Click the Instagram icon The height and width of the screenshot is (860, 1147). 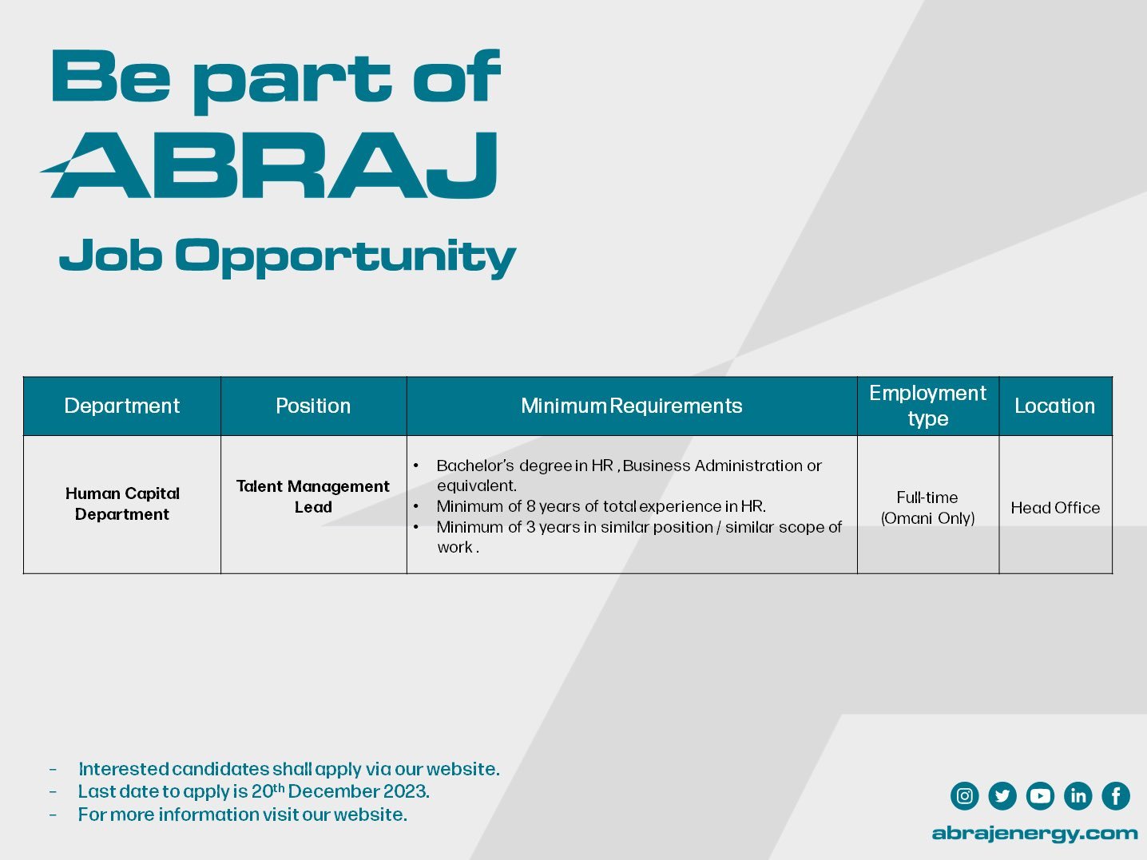click(964, 796)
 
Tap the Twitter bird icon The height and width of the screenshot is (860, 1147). click(1002, 796)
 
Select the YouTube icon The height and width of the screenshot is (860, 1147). click(1040, 796)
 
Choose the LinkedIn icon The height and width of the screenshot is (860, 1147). click(1078, 796)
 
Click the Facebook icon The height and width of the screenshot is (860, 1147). click(1116, 796)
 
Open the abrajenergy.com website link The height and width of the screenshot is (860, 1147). click(1034, 834)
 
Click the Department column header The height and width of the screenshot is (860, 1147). click(121, 406)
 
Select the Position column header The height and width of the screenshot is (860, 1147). click(313, 406)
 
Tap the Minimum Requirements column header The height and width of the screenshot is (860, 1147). click(631, 406)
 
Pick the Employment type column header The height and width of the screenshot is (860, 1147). click(927, 406)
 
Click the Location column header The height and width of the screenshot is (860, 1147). click(1054, 406)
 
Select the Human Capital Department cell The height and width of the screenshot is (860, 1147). click(122, 504)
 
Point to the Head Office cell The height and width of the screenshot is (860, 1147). click(1055, 508)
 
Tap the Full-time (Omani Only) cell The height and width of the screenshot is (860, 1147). click(927, 508)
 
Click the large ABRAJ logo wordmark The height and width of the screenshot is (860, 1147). click(269, 165)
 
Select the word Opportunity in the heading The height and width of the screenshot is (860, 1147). click(345, 257)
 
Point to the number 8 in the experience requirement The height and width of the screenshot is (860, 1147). click(531, 506)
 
